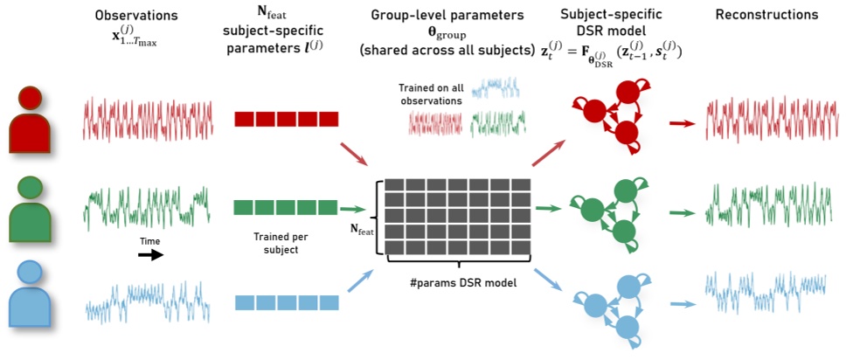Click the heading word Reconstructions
766,15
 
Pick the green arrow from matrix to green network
549,209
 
